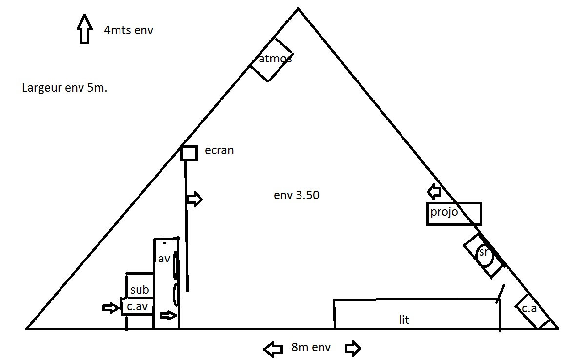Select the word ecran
point(220,150)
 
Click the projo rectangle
point(427,214)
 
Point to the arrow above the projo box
point(434,192)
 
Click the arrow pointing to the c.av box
point(111,308)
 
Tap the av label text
point(164,259)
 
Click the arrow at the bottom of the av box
point(168,315)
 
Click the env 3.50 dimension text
point(297,195)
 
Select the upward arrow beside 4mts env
point(84,29)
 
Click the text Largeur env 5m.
point(65,88)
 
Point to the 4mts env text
point(128,30)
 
